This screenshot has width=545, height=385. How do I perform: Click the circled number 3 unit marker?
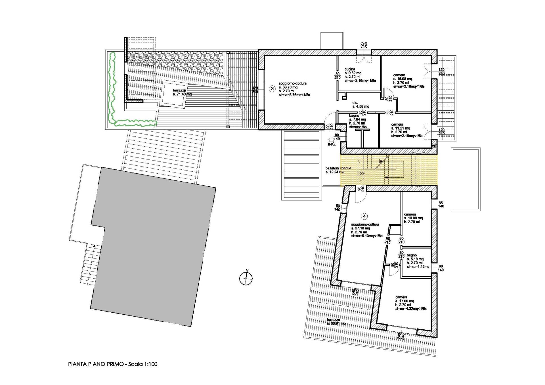coord(272,89)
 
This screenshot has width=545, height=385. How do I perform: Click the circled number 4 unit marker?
coord(365,216)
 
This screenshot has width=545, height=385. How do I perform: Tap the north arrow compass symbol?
coord(246,278)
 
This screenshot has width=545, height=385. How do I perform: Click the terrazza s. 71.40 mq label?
coord(182,92)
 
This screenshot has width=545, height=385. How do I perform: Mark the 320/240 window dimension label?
coord(255,90)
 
